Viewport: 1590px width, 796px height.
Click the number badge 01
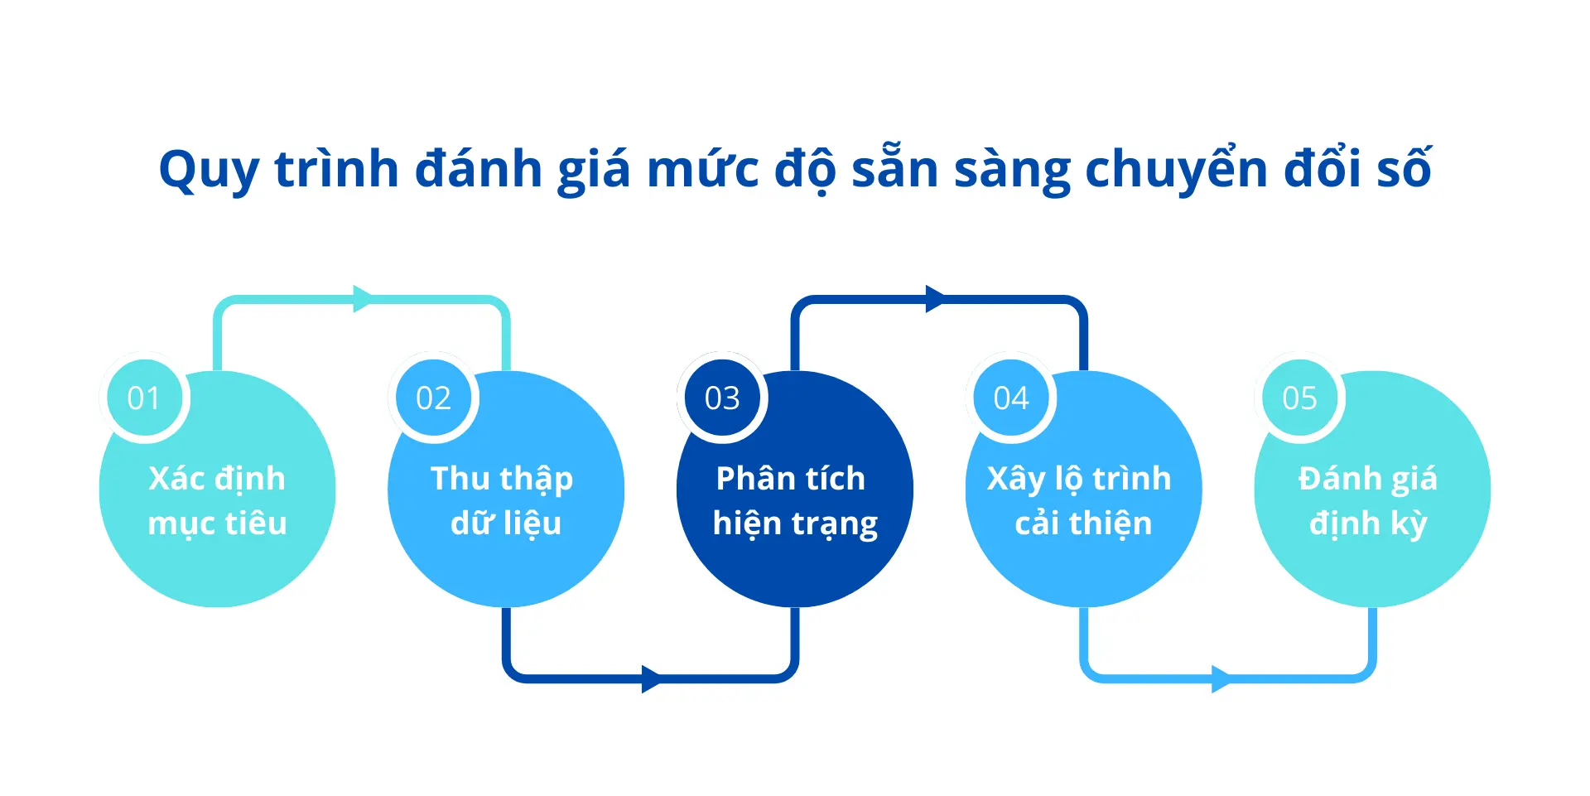pos(144,398)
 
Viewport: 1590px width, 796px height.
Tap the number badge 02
pos(433,398)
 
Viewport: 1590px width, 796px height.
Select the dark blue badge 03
pos(722,398)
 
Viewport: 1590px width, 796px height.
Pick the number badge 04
pos(1011,398)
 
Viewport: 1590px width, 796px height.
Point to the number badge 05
pos(1299,398)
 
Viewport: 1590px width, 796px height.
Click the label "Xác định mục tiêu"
pos(217,501)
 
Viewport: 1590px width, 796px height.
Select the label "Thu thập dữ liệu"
pos(503,501)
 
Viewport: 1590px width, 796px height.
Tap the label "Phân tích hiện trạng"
pos(795,501)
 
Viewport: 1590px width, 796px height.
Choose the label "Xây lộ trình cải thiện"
pos(1080,501)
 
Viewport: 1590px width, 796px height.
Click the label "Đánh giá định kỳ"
pos(1368,501)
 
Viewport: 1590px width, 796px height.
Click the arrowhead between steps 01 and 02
pos(364,299)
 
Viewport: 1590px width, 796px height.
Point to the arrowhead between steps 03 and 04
pos(936,299)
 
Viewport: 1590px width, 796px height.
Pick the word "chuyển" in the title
pos(1177,170)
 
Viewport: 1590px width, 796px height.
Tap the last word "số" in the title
pos(1404,167)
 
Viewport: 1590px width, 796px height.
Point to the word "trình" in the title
pos(337,168)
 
